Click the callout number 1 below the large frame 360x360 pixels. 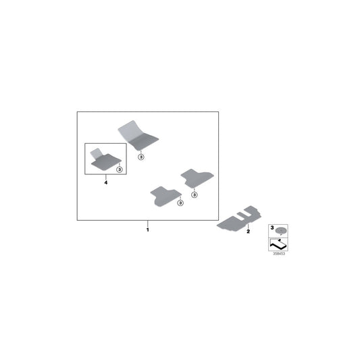(148, 230)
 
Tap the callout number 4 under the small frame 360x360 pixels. (106, 182)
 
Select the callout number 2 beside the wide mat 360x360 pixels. (248, 232)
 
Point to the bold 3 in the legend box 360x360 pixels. (272, 228)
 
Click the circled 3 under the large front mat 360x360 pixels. (141, 157)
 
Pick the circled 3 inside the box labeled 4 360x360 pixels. (120, 170)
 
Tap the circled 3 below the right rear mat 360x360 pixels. (195, 195)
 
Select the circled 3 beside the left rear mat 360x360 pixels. (181, 203)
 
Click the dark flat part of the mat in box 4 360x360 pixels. (106, 162)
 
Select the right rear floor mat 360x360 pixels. (197, 178)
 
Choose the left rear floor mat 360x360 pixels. (165, 197)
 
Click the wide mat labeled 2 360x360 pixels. (239, 220)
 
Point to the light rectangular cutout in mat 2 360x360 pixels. (242, 215)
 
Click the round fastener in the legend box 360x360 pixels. (280, 230)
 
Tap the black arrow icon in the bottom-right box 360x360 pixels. (278, 245)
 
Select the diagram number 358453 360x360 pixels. (279, 254)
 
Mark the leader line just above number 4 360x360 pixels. (106, 177)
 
